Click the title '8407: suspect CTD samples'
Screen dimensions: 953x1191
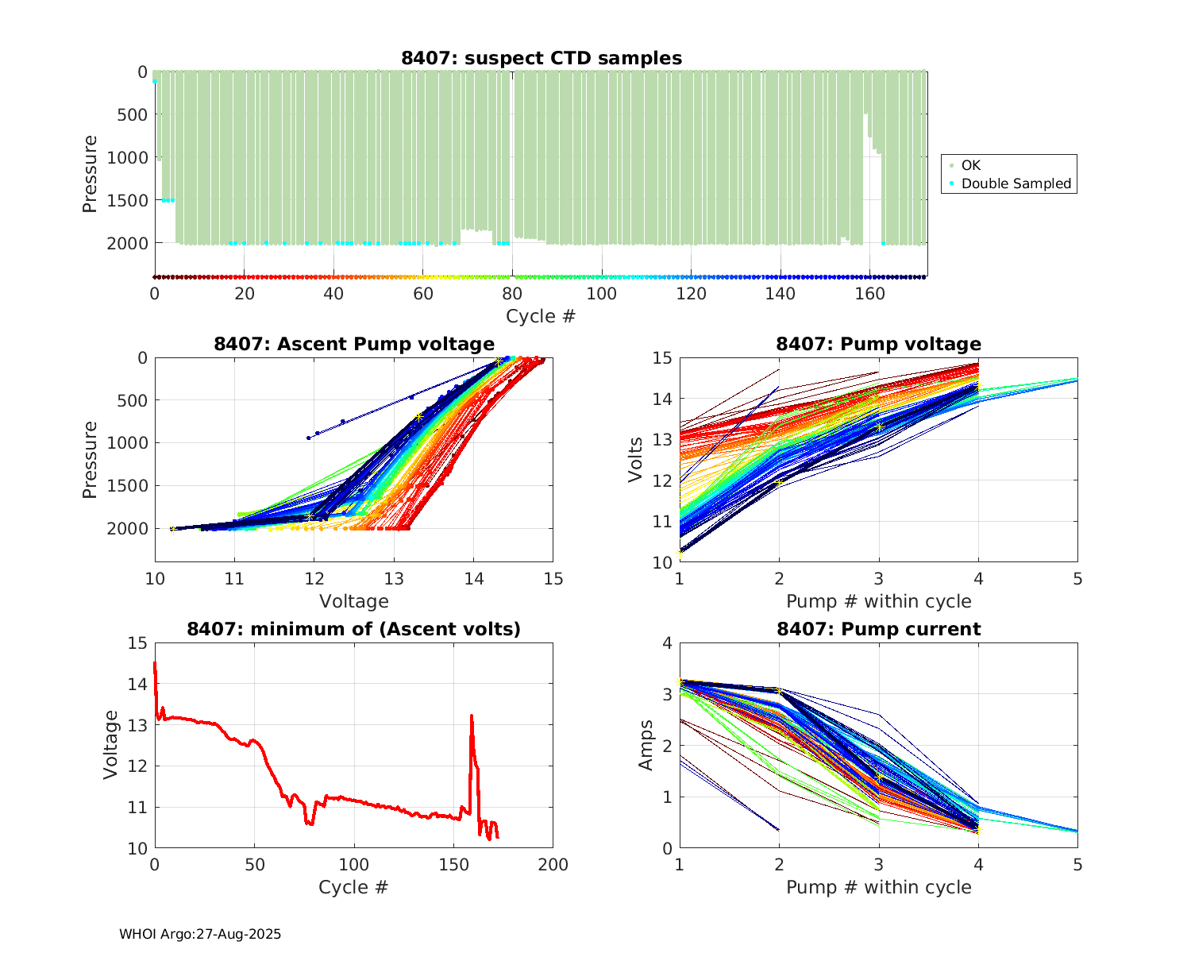[x=541, y=58]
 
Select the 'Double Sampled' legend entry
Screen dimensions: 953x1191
[x=1016, y=183]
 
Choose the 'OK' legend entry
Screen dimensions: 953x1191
[x=970, y=165]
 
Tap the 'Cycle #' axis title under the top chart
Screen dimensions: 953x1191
[x=541, y=316]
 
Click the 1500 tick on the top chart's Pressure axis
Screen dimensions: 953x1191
[x=127, y=200]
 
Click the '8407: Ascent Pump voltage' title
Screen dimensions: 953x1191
[x=354, y=344]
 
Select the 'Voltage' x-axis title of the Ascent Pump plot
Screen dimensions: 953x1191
[x=354, y=601]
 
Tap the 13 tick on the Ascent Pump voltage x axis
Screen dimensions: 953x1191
[x=394, y=578]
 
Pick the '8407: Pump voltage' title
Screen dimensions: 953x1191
[x=878, y=344]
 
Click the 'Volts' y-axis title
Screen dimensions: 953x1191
[x=635, y=460]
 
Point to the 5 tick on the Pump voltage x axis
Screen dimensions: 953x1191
[x=1077, y=578]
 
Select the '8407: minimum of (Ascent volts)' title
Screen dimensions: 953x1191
[x=354, y=629]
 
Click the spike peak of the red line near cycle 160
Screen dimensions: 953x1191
[x=472, y=716]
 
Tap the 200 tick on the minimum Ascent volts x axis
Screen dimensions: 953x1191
[x=553, y=865]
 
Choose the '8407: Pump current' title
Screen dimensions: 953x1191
[x=878, y=629]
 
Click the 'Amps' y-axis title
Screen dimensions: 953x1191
[x=646, y=745]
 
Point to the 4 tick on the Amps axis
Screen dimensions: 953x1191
[x=666, y=643]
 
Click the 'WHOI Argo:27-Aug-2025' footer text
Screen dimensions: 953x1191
[x=200, y=934]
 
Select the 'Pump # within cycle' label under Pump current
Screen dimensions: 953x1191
[x=878, y=887]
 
